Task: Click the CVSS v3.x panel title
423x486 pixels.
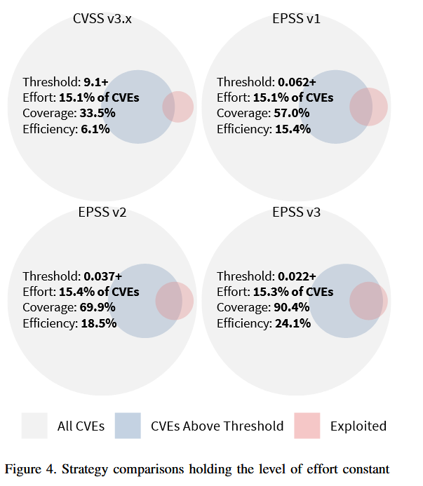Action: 103,19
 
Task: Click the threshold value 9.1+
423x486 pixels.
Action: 97,82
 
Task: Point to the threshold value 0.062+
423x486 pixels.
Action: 297,82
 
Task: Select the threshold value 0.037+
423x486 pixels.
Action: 103,276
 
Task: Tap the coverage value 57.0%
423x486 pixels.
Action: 292,113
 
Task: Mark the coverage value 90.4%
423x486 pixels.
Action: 292,307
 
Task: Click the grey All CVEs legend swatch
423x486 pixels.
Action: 34,426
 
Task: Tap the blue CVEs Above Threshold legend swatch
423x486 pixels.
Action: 128,426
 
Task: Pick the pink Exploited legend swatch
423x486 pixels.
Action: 307,426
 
